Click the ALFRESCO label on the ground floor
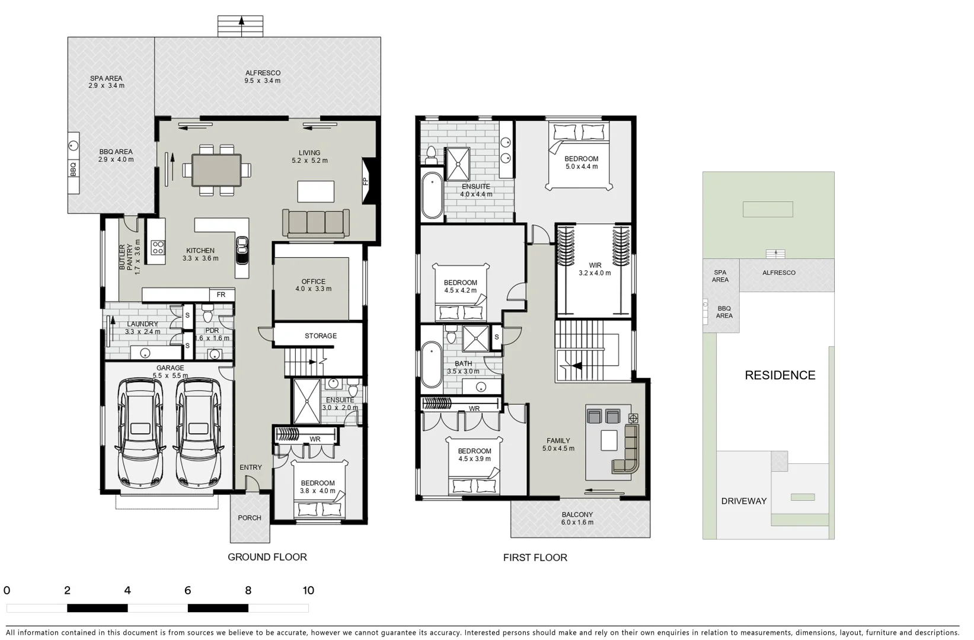coord(263,76)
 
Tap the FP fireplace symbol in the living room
coord(366,181)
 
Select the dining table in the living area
coord(216,170)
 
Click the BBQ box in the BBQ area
coord(74,169)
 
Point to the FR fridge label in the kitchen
coord(221,295)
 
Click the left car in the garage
coord(141,432)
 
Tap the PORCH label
coord(250,518)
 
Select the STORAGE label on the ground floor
coord(321,336)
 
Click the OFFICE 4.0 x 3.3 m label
coord(313,285)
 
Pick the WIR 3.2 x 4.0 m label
coord(595,269)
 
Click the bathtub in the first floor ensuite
coord(432,195)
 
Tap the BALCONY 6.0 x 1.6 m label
coord(577,519)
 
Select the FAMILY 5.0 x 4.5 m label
coord(558,444)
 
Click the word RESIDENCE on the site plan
coord(780,375)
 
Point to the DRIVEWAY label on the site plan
coord(743,501)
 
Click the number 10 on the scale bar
coord(308,590)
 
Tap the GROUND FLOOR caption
coord(267,557)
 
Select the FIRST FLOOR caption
coord(535,558)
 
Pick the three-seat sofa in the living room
coord(316,222)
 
